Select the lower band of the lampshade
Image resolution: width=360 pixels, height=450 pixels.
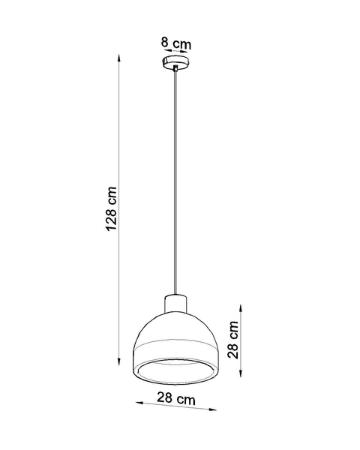pyautogui.click(x=175, y=354)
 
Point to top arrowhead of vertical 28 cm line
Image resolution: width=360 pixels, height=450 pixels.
pyautogui.click(x=240, y=307)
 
